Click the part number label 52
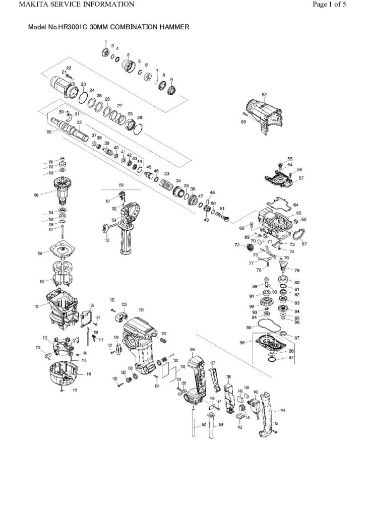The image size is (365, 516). (264, 94)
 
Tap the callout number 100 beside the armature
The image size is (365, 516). (50, 195)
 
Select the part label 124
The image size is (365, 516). (141, 309)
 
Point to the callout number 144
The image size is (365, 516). (282, 411)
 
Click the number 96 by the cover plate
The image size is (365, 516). (242, 343)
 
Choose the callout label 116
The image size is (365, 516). (89, 374)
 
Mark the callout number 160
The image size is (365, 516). (49, 132)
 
